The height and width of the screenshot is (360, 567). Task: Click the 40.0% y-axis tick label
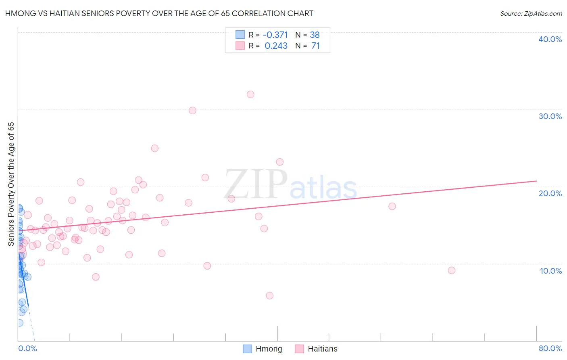click(x=550, y=39)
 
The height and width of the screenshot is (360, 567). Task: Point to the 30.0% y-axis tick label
click(x=550, y=116)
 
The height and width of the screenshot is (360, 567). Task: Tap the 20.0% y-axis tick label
click(x=550, y=193)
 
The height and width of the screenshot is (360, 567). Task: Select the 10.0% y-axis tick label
click(x=551, y=271)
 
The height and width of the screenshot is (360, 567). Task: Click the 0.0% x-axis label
click(x=27, y=348)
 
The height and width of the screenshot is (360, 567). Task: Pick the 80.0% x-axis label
click(x=550, y=348)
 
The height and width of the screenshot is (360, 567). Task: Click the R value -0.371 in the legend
click(x=275, y=35)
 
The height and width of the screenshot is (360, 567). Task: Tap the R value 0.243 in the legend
click(x=276, y=46)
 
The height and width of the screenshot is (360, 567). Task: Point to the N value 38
click(x=315, y=35)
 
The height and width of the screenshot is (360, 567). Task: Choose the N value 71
click(x=315, y=46)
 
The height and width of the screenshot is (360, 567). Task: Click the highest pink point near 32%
click(x=250, y=94)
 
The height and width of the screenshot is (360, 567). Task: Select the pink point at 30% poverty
click(x=192, y=111)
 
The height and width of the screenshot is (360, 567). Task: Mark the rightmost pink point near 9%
click(x=452, y=270)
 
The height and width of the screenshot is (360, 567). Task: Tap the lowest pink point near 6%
click(x=270, y=295)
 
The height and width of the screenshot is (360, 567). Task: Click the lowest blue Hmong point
click(x=19, y=323)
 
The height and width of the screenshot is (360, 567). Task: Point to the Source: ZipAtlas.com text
click(x=531, y=14)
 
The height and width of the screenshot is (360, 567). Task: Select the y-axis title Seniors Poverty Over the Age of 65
click(x=11, y=184)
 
